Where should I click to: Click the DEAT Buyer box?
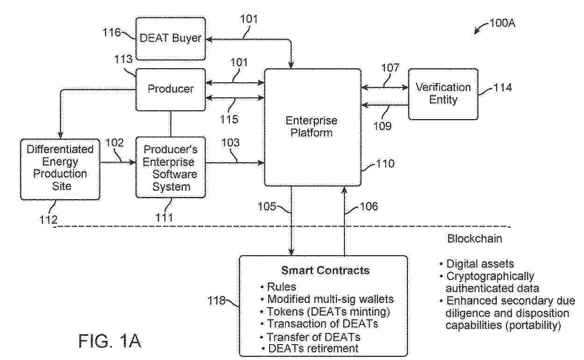[x=171, y=38]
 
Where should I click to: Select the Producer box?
[x=171, y=89]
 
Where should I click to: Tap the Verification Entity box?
[x=443, y=94]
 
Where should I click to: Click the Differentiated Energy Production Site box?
[x=60, y=168]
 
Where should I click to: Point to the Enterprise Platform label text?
[x=312, y=126]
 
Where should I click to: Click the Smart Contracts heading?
[x=325, y=270]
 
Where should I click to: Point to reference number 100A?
[x=502, y=23]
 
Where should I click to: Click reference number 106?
[x=368, y=206]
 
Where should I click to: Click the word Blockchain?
[x=475, y=239]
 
